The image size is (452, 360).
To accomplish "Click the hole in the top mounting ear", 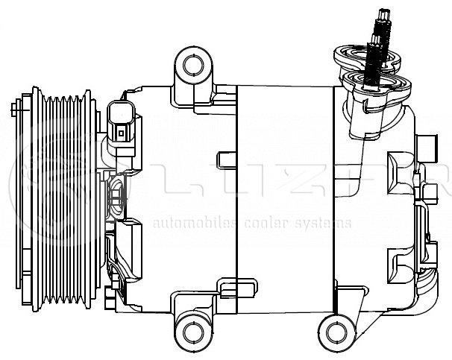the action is coord(193,64).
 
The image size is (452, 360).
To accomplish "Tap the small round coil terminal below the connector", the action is coord(116,198).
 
